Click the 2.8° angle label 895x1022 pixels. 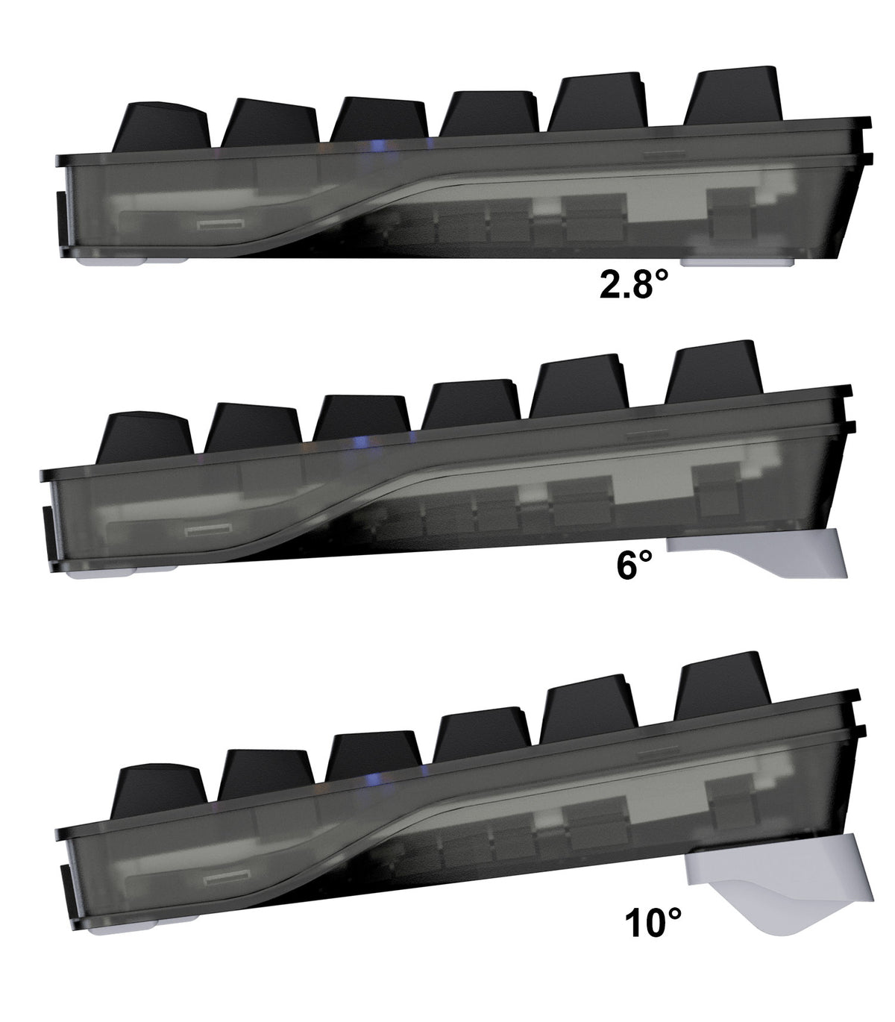(635, 284)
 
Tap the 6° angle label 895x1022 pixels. (635, 565)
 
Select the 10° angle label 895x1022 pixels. (654, 923)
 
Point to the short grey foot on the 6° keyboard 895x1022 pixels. (761, 556)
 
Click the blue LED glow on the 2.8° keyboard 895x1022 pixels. (378, 145)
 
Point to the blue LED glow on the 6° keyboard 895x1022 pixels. (361, 442)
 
